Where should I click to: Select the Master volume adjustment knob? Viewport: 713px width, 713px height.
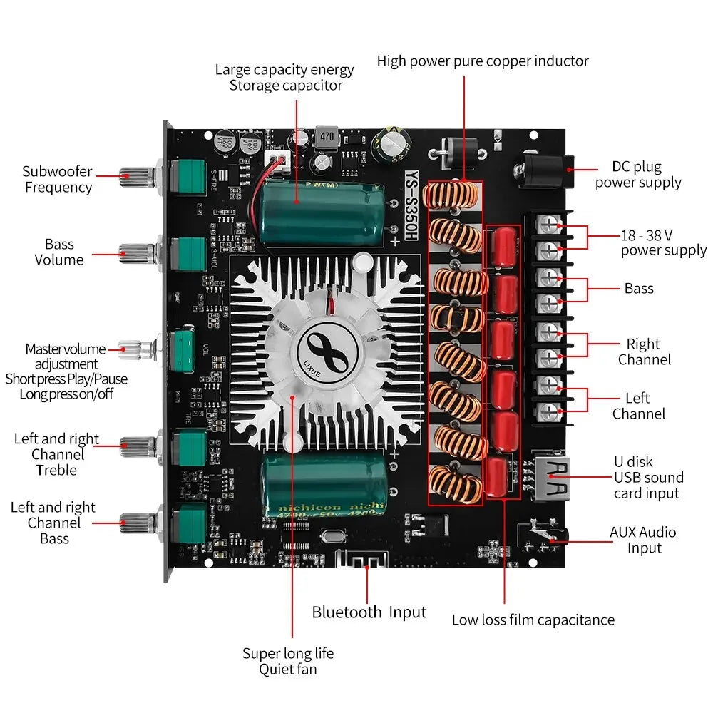[x=140, y=349]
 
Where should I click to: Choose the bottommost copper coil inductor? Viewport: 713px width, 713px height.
[x=455, y=483]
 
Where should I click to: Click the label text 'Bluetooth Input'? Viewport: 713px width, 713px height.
[x=369, y=612]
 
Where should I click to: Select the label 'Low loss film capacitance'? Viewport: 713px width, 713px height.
[x=533, y=620]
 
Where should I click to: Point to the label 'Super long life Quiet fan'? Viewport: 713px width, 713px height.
[x=287, y=661]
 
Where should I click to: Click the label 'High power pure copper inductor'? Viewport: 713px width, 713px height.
[x=483, y=61]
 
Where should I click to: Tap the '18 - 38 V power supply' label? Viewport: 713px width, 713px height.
[x=662, y=242]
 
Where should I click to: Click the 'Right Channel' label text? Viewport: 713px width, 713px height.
[x=644, y=352]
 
